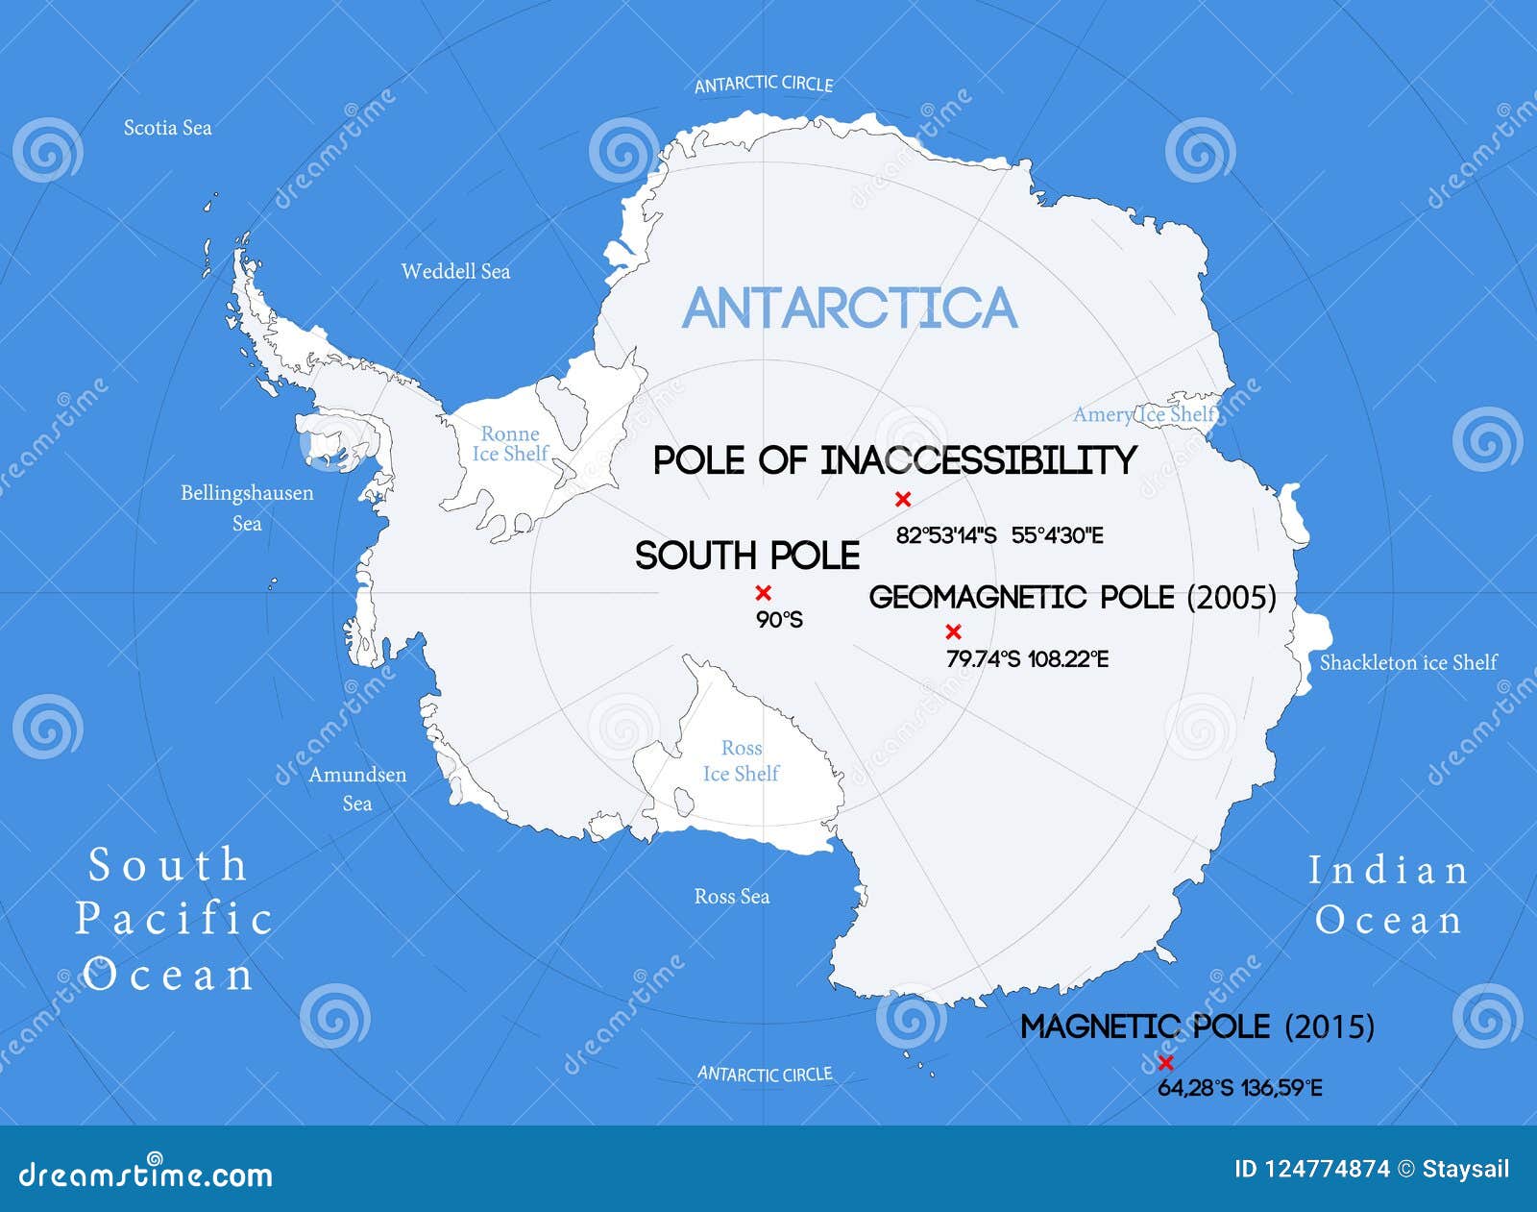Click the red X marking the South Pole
click(x=763, y=592)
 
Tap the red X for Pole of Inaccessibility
click(x=902, y=499)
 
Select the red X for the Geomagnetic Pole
click(x=953, y=631)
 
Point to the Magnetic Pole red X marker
click(x=1165, y=1062)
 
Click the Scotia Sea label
click(x=167, y=128)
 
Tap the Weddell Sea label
click(x=455, y=271)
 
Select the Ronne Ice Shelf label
click(x=510, y=444)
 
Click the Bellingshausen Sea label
click(x=247, y=507)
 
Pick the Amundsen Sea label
click(x=357, y=788)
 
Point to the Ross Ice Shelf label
click(x=741, y=760)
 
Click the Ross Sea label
click(x=732, y=897)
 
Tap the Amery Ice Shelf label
click(x=1144, y=414)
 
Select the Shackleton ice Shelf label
click(x=1407, y=662)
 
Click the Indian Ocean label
click(x=1388, y=896)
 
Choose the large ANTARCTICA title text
click(x=849, y=308)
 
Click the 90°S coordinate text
click(x=779, y=621)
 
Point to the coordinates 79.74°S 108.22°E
click(x=1027, y=659)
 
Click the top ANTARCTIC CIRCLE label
click(x=764, y=85)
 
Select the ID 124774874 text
click(x=1311, y=1169)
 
